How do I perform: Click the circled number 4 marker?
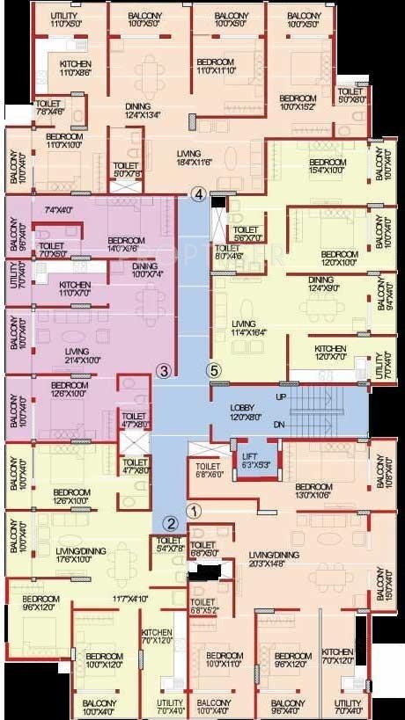200,193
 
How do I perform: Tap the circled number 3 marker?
163,370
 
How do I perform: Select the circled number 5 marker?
212,369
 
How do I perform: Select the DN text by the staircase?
281,425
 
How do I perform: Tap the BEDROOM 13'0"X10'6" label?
313,491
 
